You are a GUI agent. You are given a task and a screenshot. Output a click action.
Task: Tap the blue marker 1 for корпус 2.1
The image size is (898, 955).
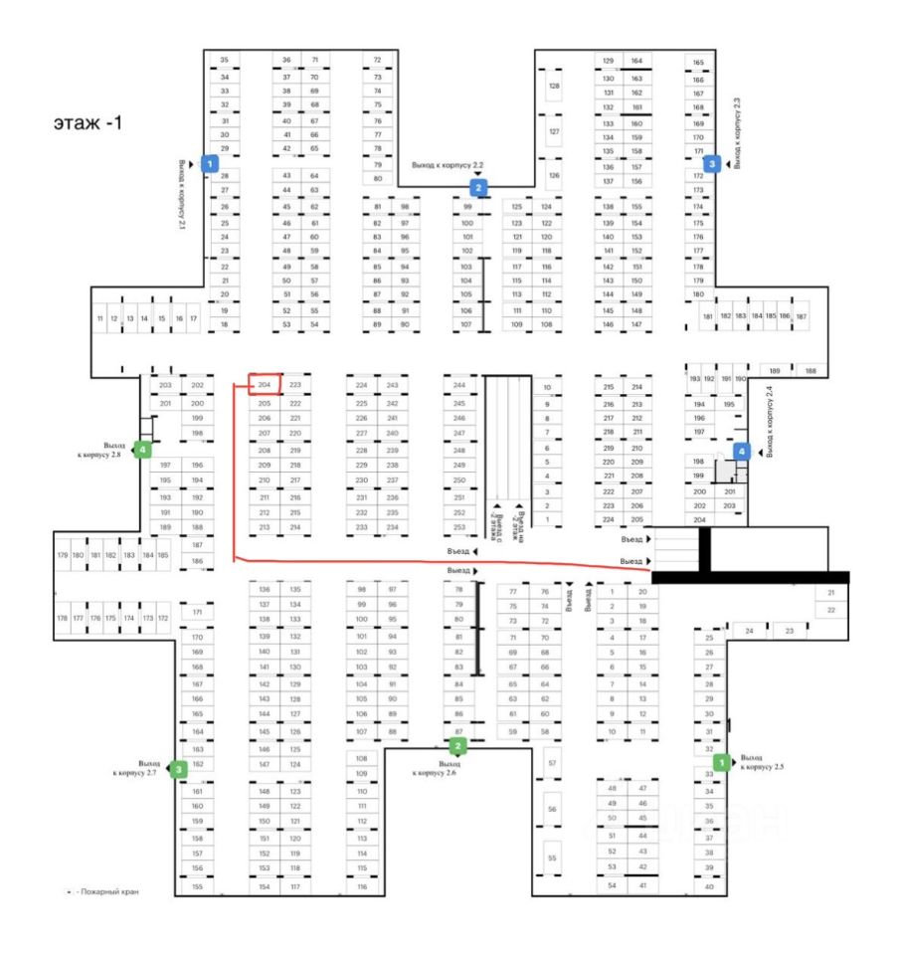tap(210, 163)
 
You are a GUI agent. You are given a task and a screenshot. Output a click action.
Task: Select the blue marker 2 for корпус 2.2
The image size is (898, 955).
tap(479, 186)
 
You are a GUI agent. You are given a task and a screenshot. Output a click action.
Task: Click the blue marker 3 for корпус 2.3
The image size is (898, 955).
tap(711, 163)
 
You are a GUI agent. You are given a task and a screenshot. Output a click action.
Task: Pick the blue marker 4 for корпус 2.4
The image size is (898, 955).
tap(741, 451)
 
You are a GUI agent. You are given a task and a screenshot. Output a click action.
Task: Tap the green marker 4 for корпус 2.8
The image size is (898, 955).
tap(143, 450)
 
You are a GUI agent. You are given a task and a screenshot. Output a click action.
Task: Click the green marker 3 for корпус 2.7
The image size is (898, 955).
tap(179, 768)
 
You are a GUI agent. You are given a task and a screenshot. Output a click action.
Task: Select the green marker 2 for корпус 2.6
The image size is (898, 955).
tap(457, 745)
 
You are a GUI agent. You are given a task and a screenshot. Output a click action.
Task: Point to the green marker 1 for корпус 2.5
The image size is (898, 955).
tap(722, 762)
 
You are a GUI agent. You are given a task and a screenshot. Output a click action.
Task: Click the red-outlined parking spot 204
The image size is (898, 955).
tap(265, 385)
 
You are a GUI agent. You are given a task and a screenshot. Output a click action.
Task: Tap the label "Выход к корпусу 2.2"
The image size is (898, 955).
tap(448, 164)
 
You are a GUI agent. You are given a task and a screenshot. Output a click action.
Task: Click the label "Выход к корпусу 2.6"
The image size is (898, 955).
tap(438, 767)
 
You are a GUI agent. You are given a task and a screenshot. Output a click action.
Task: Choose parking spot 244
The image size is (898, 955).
tap(459, 385)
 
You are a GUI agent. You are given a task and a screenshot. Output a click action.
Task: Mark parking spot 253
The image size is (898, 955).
tap(459, 527)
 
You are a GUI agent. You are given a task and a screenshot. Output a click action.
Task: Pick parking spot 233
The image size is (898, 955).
tap(362, 527)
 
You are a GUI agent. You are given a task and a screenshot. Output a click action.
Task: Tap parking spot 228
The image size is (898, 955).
tap(362, 451)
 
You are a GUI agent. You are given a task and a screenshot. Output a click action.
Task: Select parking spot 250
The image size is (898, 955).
tap(459, 480)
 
